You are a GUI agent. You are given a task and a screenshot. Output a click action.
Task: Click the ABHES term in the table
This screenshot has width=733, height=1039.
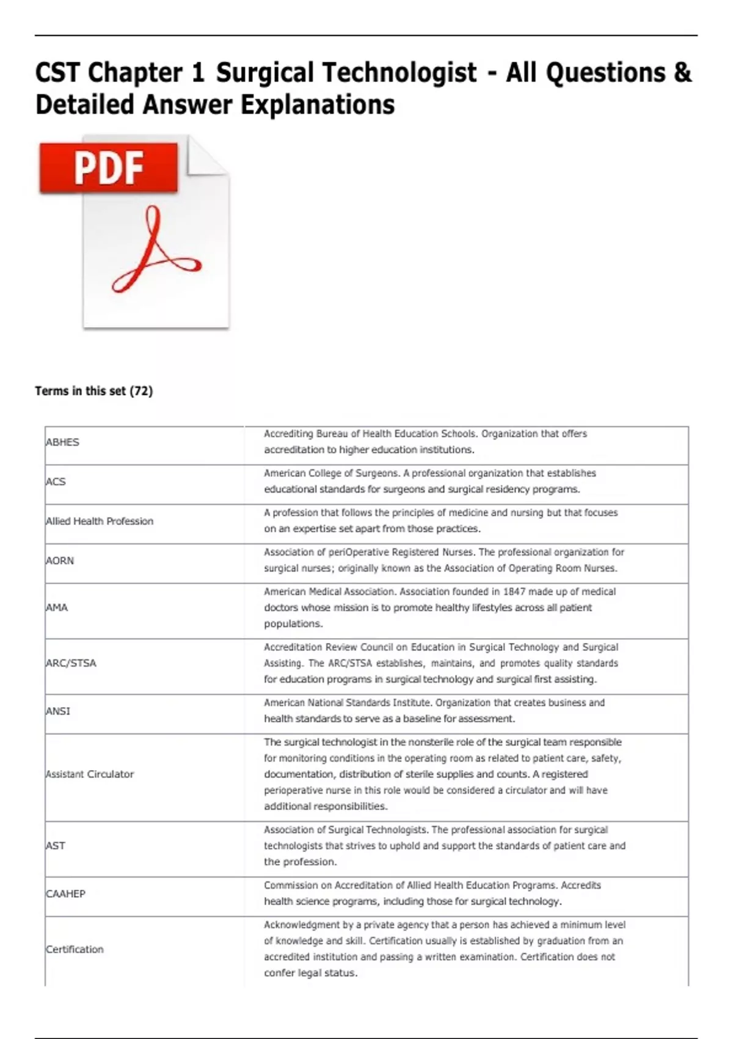62,442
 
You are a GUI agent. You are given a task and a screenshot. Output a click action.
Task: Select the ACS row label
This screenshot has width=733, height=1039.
56,482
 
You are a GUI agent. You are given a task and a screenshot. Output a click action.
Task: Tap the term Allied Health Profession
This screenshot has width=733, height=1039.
100,521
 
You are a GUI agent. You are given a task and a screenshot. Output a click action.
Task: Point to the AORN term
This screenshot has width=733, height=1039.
60,560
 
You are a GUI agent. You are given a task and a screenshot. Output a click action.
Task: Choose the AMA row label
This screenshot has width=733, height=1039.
57,608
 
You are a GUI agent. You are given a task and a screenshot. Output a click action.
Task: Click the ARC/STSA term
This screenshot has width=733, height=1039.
71,663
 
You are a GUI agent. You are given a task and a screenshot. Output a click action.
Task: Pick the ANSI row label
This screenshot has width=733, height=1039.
58,711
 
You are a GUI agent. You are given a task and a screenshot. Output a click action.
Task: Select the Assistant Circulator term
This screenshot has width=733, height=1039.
90,774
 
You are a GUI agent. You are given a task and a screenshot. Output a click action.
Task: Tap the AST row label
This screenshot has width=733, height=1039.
56,846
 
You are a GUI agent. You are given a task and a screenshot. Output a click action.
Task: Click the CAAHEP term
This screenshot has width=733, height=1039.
65,894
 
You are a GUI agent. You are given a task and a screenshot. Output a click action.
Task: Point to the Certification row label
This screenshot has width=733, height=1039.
75,949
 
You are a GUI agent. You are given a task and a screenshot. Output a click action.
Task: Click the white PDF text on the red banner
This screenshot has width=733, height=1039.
109,168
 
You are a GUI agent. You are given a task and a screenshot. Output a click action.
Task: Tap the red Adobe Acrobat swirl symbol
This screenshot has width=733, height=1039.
155,251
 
